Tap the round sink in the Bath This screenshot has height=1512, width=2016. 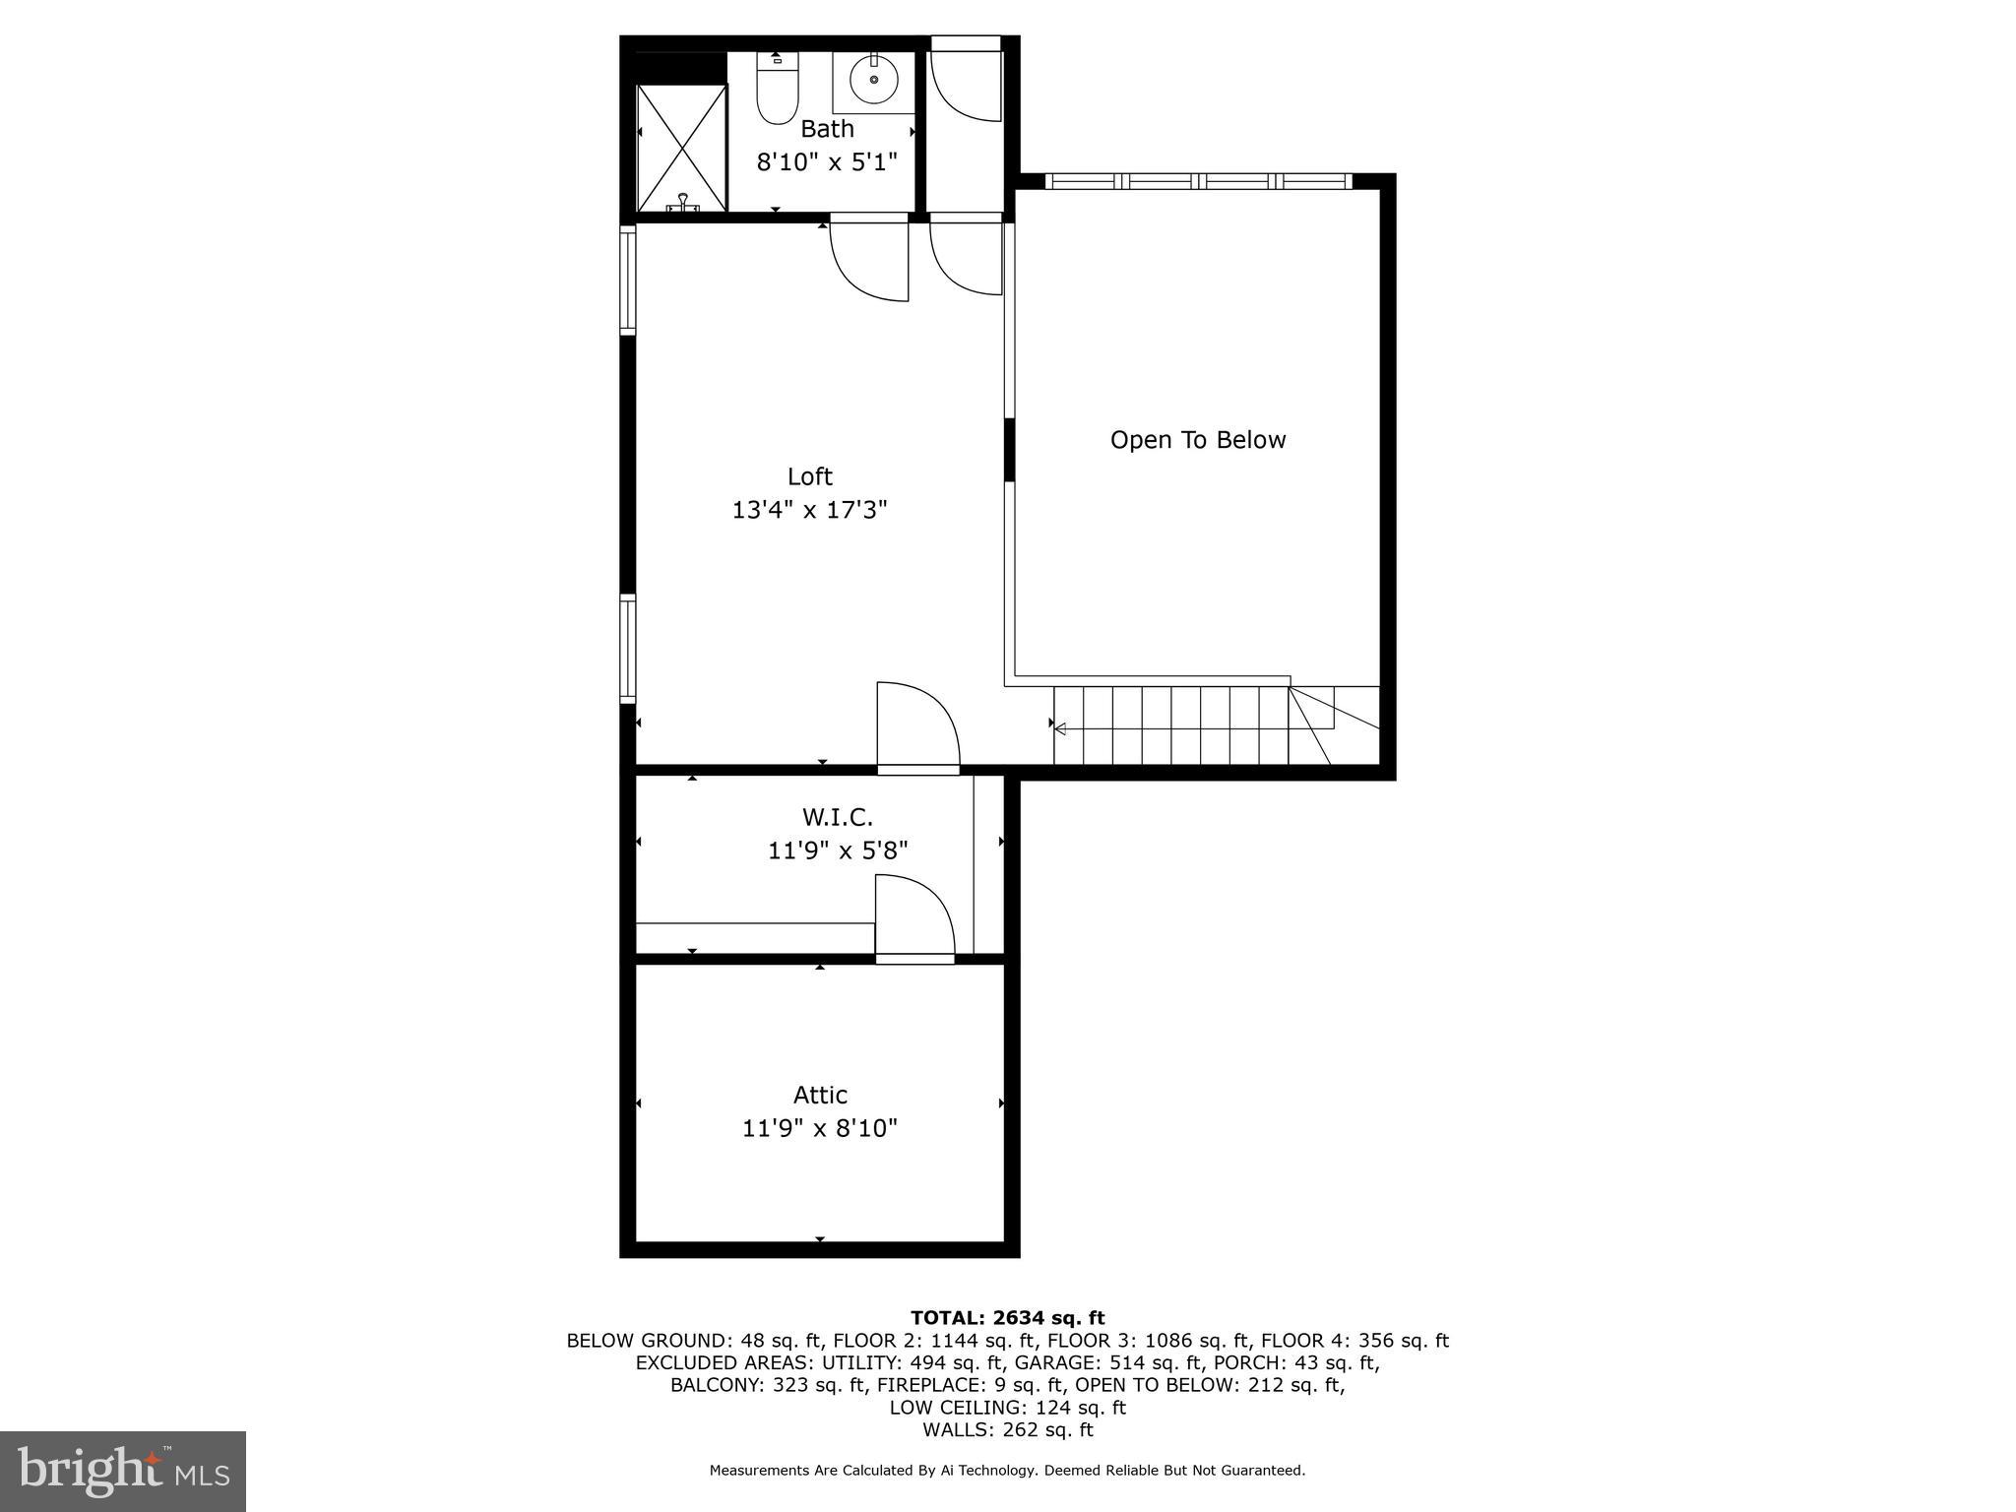tap(873, 79)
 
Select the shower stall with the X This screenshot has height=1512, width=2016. tap(681, 148)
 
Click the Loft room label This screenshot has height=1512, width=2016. tap(809, 476)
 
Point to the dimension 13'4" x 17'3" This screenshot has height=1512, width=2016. tap(809, 510)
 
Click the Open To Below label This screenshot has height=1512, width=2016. tap(1197, 440)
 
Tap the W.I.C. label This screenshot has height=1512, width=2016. tap(837, 817)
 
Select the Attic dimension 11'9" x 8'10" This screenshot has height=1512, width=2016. tap(820, 1128)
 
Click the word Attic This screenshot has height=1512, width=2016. tap(820, 1095)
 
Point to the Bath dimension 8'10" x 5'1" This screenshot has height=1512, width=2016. tap(827, 161)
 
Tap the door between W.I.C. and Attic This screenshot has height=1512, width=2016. tap(913, 915)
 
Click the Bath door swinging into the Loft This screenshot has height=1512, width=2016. tap(868, 258)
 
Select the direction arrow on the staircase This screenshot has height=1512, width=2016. tap(1060, 728)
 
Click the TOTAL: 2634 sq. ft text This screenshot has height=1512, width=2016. tap(1007, 1318)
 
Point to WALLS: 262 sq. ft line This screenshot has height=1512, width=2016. tap(1007, 1430)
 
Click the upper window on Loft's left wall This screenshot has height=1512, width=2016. tap(627, 280)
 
